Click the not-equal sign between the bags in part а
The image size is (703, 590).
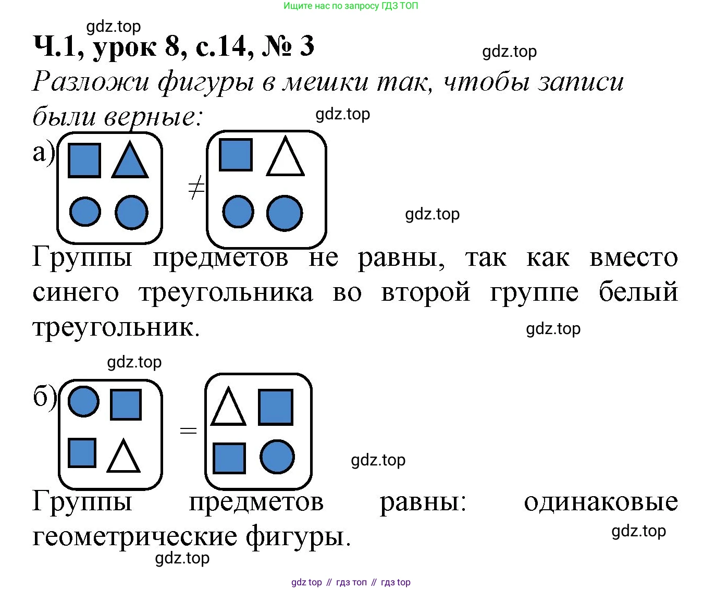tap(196, 187)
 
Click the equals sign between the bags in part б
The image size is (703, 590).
tap(188, 429)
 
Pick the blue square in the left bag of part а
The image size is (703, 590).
tap(84, 161)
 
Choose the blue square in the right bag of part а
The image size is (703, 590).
tap(236, 155)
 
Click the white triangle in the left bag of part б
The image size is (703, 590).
tap(123, 456)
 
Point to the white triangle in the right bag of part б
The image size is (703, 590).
tap(228, 406)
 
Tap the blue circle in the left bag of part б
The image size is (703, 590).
tap(83, 401)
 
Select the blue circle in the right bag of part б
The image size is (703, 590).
tap(277, 457)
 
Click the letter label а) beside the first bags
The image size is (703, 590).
tap(44, 153)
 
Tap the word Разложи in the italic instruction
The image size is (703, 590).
tap(90, 82)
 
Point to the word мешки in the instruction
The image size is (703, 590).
tap(325, 82)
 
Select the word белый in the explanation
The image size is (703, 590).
tap(638, 292)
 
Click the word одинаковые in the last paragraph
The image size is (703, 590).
tap(601, 502)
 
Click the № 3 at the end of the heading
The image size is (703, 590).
tap(288, 46)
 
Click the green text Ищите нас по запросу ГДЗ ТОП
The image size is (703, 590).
tap(351, 6)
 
